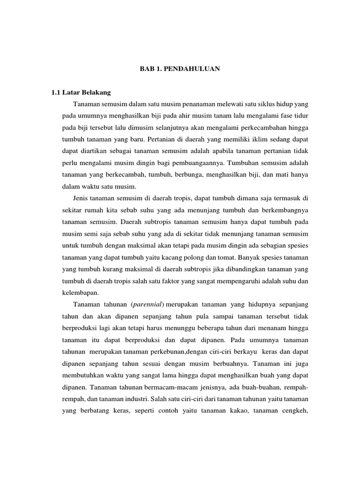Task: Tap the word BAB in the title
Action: (147, 69)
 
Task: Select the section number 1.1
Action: (56, 92)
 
